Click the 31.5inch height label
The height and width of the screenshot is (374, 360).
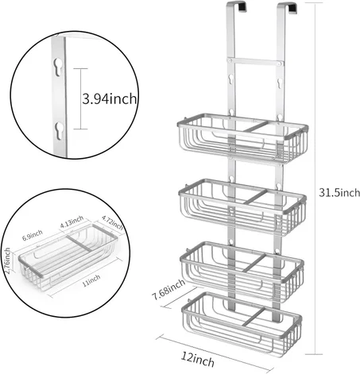(x=339, y=192)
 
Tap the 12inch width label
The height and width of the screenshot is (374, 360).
(x=198, y=359)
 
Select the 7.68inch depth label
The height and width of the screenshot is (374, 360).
(x=168, y=289)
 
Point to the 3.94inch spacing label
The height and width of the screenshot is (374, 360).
(x=110, y=99)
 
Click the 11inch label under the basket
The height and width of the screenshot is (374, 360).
(x=91, y=280)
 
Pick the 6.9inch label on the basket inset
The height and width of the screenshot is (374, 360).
(x=33, y=235)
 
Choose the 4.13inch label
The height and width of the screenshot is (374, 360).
(x=72, y=222)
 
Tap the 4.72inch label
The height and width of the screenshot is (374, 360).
(x=113, y=222)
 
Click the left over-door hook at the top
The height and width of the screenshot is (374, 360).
(x=237, y=6)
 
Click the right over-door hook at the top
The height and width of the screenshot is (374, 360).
(x=287, y=7)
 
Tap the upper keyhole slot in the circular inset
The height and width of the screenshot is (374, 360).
(x=58, y=67)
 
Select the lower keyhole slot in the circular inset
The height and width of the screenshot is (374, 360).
(x=59, y=131)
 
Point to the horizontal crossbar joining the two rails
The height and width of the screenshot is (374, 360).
(x=254, y=62)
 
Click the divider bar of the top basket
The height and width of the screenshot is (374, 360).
(x=256, y=126)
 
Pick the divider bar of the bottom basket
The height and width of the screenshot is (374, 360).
(x=254, y=316)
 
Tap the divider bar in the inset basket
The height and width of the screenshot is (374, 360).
(x=79, y=243)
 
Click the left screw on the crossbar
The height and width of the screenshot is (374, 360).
(x=230, y=60)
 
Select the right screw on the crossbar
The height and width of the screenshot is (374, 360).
(x=279, y=64)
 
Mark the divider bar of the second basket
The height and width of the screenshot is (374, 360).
(x=255, y=197)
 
